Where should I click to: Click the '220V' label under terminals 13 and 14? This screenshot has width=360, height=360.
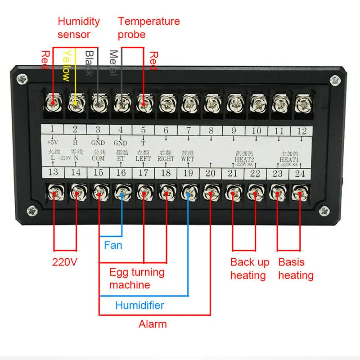(65, 261)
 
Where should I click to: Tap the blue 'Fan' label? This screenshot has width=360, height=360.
(113, 245)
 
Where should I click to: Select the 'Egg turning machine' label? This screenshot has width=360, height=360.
(137, 279)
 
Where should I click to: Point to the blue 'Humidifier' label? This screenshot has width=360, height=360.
(139, 306)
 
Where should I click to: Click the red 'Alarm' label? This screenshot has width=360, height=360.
(153, 324)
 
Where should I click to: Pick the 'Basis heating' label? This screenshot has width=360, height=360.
(296, 269)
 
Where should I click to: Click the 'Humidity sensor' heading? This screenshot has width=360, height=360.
(79, 27)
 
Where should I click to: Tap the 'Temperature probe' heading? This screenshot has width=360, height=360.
(148, 27)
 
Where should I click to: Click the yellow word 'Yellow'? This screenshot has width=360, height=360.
(66, 65)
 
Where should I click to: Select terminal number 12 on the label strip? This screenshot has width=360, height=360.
(302, 131)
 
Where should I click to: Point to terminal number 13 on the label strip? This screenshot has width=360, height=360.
(53, 173)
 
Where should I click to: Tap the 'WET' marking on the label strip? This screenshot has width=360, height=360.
(188, 159)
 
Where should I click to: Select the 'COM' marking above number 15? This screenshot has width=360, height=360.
(98, 159)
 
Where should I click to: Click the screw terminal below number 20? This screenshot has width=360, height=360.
(210, 194)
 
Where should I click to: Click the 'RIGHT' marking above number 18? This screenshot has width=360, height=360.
(166, 159)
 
